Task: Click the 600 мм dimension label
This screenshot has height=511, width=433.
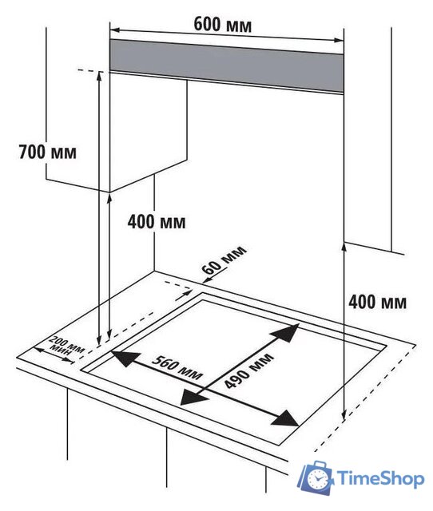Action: [x=223, y=25]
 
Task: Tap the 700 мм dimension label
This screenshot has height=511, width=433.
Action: [x=48, y=152]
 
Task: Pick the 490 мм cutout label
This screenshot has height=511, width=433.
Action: [x=249, y=370]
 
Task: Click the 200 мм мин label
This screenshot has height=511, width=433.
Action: [x=66, y=346]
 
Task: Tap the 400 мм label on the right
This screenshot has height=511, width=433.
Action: [x=378, y=302]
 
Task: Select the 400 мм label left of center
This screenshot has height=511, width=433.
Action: [x=157, y=222]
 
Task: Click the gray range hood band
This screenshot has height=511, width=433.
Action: [x=227, y=66]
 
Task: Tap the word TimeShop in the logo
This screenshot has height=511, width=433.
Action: [x=380, y=478]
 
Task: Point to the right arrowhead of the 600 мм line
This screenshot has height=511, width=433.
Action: [x=339, y=41]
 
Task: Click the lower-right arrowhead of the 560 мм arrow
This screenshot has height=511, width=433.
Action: [x=287, y=418]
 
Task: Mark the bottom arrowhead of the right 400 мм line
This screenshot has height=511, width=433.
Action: [x=344, y=414]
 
